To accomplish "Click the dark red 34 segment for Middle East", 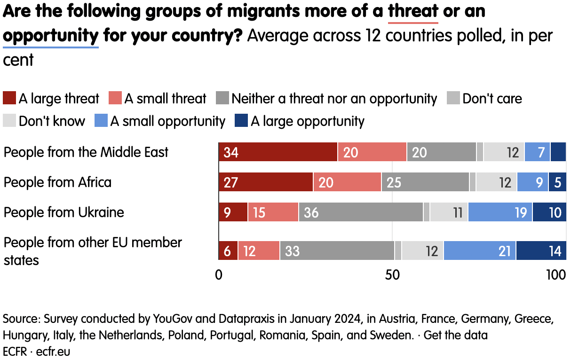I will pos(278,152).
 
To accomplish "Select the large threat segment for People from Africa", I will pos(266,182).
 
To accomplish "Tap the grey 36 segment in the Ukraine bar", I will pos(361,212).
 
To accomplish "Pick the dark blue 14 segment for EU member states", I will pos(540,250).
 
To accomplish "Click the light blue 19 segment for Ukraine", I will pos(500,212).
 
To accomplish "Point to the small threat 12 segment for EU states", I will pos(259,250).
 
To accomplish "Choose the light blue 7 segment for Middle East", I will pos(537,152).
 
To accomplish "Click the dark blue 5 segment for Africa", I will pos(557,182).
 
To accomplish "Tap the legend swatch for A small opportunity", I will pos(101,121).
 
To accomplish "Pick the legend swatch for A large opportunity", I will pos(241,121).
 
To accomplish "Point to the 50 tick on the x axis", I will pos(392,274).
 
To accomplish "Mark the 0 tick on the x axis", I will pos(219,274).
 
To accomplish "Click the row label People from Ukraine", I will pos(64,212).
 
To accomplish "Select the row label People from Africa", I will pos(57,182).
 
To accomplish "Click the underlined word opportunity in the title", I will pos(51,36).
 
